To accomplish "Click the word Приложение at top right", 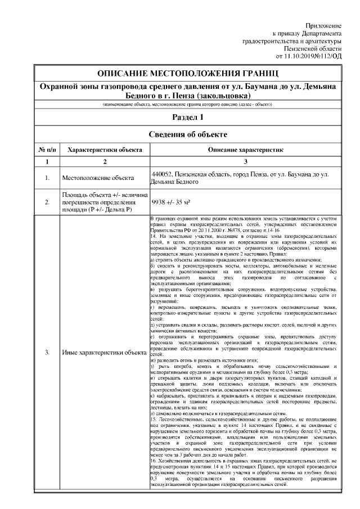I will point(323,26).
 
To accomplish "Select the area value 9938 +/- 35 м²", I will point(172,201).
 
